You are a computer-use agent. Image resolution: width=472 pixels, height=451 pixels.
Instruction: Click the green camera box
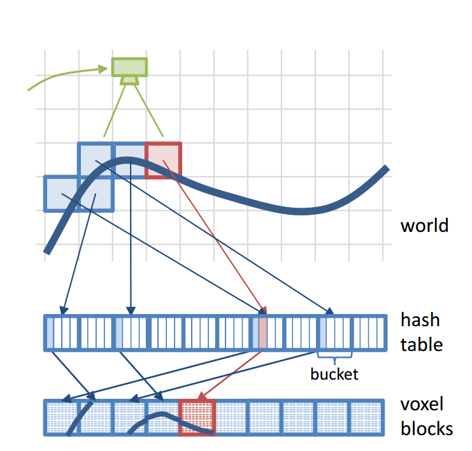[129, 67]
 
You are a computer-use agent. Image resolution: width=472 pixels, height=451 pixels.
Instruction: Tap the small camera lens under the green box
[129, 80]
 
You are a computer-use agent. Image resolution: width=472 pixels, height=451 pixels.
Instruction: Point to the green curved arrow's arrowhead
[106, 68]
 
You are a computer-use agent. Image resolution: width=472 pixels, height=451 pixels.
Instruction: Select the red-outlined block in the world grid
[164, 160]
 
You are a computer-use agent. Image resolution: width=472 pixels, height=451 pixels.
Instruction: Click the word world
[424, 226]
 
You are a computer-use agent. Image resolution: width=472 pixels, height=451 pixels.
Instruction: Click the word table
[421, 345]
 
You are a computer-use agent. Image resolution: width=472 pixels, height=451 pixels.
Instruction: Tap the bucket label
[334, 374]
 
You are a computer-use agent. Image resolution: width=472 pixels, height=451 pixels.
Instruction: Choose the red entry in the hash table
[263, 333]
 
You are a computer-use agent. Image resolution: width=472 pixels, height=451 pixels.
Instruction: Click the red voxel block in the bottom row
[197, 418]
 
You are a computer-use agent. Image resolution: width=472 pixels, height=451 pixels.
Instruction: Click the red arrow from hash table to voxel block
[232, 373]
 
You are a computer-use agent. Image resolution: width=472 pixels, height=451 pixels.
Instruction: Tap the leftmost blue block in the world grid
[61, 193]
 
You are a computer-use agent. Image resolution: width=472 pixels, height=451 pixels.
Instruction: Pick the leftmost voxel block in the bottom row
[61, 418]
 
